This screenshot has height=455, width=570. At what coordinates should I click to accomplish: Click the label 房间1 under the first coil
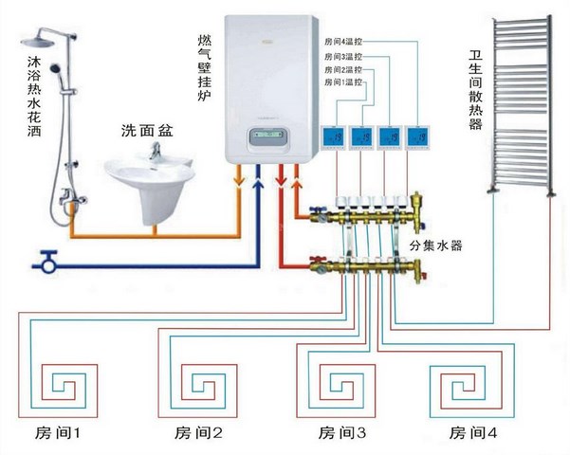point(58,433)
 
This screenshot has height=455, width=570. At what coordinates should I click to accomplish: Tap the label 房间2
point(198,433)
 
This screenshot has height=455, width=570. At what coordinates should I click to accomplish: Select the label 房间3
point(342,433)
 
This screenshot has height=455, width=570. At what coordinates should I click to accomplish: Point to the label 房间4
point(472,433)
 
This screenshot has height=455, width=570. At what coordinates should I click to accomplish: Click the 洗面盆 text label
point(147,131)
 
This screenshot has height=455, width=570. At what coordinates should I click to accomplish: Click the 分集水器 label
point(435,246)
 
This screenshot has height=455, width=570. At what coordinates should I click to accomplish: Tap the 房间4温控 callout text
point(343,42)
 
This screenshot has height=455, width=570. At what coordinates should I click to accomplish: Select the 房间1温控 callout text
point(343,82)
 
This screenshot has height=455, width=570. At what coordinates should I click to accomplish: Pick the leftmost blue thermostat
point(333,137)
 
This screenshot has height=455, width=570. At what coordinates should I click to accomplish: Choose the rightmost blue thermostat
point(417,137)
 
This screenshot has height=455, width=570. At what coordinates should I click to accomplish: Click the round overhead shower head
point(37,41)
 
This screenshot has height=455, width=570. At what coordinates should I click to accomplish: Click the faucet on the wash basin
point(156,151)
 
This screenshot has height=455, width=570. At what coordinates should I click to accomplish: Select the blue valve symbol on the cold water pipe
point(47,261)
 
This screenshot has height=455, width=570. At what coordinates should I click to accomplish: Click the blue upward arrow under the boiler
point(258,179)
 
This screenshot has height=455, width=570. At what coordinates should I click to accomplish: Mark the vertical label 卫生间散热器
point(475,90)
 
